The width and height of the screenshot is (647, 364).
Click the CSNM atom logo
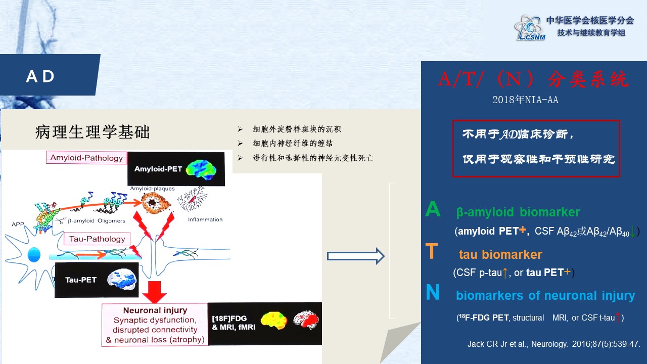click(x=530, y=28)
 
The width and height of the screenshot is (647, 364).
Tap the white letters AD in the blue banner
click(x=40, y=76)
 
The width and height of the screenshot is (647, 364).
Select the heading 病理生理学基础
click(x=93, y=132)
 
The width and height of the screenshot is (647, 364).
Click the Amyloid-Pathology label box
click(x=86, y=158)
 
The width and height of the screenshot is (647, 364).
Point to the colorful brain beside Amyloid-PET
click(x=201, y=169)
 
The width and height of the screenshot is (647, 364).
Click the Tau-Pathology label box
click(x=97, y=239)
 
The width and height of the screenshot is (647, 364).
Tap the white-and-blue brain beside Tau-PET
click(x=122, y=279)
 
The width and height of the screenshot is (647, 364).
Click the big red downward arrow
click(x=155, y=292)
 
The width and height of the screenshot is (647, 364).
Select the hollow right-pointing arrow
click(x=355, y=256)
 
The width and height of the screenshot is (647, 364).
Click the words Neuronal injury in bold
click(x=155, y=310)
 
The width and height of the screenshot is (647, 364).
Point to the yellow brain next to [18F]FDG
click(x=274, y=321)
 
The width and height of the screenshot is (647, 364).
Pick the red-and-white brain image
click(x=306, y=320)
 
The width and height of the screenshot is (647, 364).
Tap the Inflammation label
click(x=205, y=219)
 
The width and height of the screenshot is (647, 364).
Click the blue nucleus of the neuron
click(x=34, y=255)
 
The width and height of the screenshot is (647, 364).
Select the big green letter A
click(x=433, y=209)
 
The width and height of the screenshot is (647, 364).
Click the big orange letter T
click(x=432, y=251)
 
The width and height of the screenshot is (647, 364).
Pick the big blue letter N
click(x=433, y=292)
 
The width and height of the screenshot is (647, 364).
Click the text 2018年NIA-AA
click(x=525, y=100)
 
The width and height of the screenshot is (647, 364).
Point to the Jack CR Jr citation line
click(x=553, y=344)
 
